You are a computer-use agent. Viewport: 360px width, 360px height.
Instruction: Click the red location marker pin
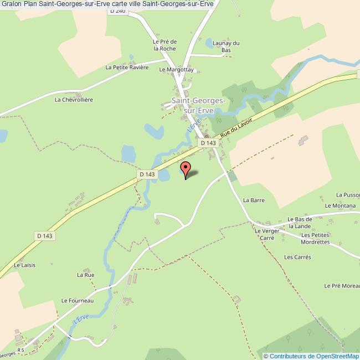coord(186,168)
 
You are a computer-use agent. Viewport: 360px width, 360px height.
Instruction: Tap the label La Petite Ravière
coord(127,68)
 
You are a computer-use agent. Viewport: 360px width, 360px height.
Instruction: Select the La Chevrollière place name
coord(73,100)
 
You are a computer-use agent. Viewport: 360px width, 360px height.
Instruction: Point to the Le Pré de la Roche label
coord(164,45)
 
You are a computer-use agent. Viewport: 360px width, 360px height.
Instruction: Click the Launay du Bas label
coord(227,47)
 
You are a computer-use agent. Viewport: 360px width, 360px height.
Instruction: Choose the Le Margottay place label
coord(176,70)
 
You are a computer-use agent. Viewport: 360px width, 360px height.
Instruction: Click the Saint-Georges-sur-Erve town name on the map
coord(198,105)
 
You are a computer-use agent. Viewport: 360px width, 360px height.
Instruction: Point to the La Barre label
coord(254,200)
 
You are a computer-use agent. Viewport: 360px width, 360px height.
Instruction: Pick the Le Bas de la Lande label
coord(300,223)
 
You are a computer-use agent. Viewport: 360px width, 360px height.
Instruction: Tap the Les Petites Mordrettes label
coord(316,239)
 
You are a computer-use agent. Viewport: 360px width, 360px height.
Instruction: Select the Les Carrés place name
coord(298,257)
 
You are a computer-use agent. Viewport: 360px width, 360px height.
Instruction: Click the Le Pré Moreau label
coord(342,286)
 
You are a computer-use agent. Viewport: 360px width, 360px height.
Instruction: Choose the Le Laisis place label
coord(25,265)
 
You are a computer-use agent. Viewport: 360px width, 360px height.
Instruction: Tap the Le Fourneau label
coord(78,300)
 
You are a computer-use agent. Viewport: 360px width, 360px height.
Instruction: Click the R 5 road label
coord(21,350)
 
